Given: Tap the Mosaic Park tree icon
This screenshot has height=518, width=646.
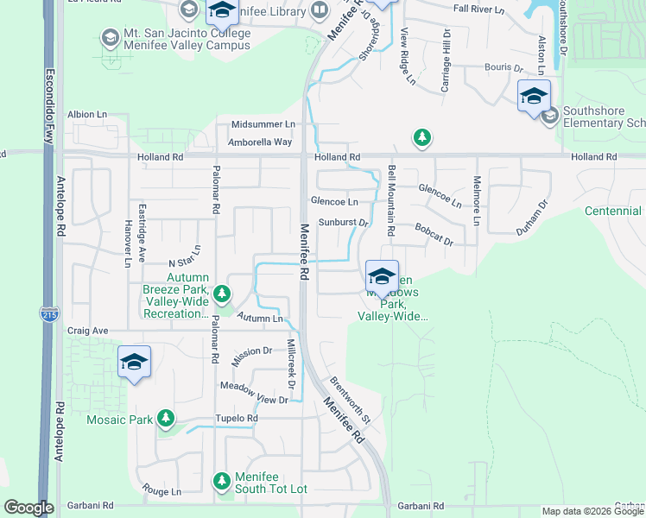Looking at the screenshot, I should (165, 420).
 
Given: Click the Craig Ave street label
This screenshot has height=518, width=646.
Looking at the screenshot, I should (88, 331).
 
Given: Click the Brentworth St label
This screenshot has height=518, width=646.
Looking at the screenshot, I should (350, 400).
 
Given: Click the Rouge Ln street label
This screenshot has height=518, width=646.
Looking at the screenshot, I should (162, 490).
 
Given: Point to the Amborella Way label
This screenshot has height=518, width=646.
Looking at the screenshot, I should (260, 142).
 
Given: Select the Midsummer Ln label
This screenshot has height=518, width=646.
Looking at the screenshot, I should (263, 124).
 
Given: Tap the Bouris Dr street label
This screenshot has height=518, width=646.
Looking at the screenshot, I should (503, 66).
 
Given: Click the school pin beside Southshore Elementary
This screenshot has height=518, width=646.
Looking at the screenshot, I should (534, 95).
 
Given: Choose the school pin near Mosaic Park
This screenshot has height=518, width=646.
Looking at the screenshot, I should (135, 361).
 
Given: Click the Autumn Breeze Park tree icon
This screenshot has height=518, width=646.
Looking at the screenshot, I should (222, 294).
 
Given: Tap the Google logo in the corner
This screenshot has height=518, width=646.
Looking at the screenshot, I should (28, 507).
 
